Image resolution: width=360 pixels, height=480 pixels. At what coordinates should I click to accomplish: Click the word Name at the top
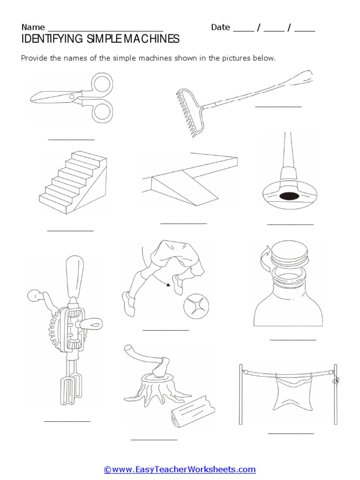pyautogui.click(x=33, y=27)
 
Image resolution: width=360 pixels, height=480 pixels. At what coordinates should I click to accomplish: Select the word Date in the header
pyautogui.click(x=220, y=27)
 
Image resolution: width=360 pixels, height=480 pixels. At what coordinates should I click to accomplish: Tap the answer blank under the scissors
pyautogui.click(x=72, y=140)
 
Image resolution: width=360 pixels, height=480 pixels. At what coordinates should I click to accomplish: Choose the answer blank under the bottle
pyautogui.click(x=293, y=339)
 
